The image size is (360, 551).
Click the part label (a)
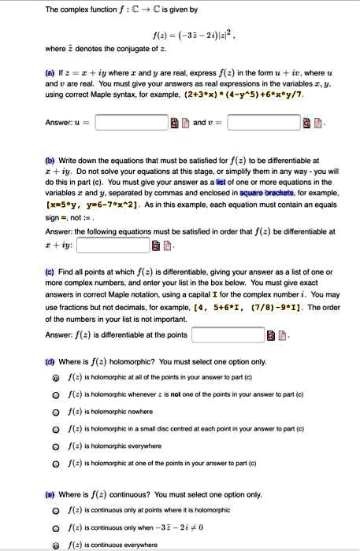pyautogui.click(x=50, y=72)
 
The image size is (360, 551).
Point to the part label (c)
pyautogui.click(x=50, y=269)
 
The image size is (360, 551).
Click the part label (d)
pyautogui.click(x=50, y=362)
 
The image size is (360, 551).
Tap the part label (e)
pyautogui.click(x=50, y=494)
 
